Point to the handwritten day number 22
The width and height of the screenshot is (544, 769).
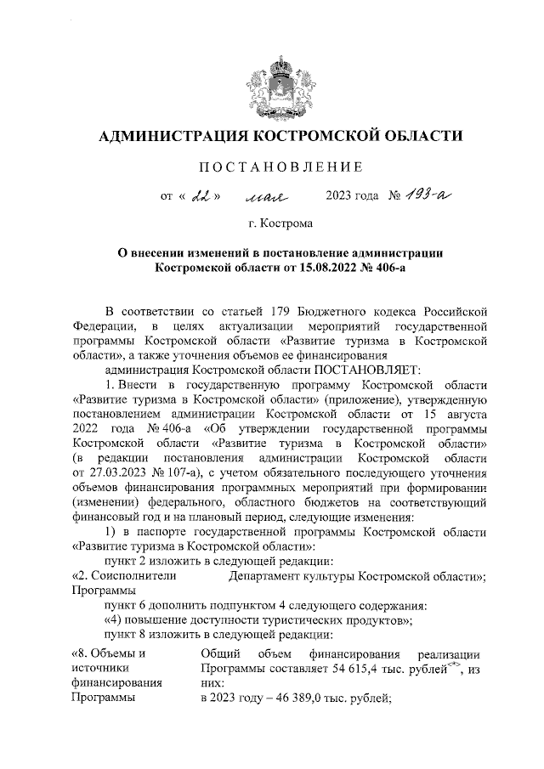tap(201, 197)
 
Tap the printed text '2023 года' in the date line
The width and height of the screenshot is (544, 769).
tap(352, 198)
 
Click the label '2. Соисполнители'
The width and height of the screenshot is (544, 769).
tap(125, 576)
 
